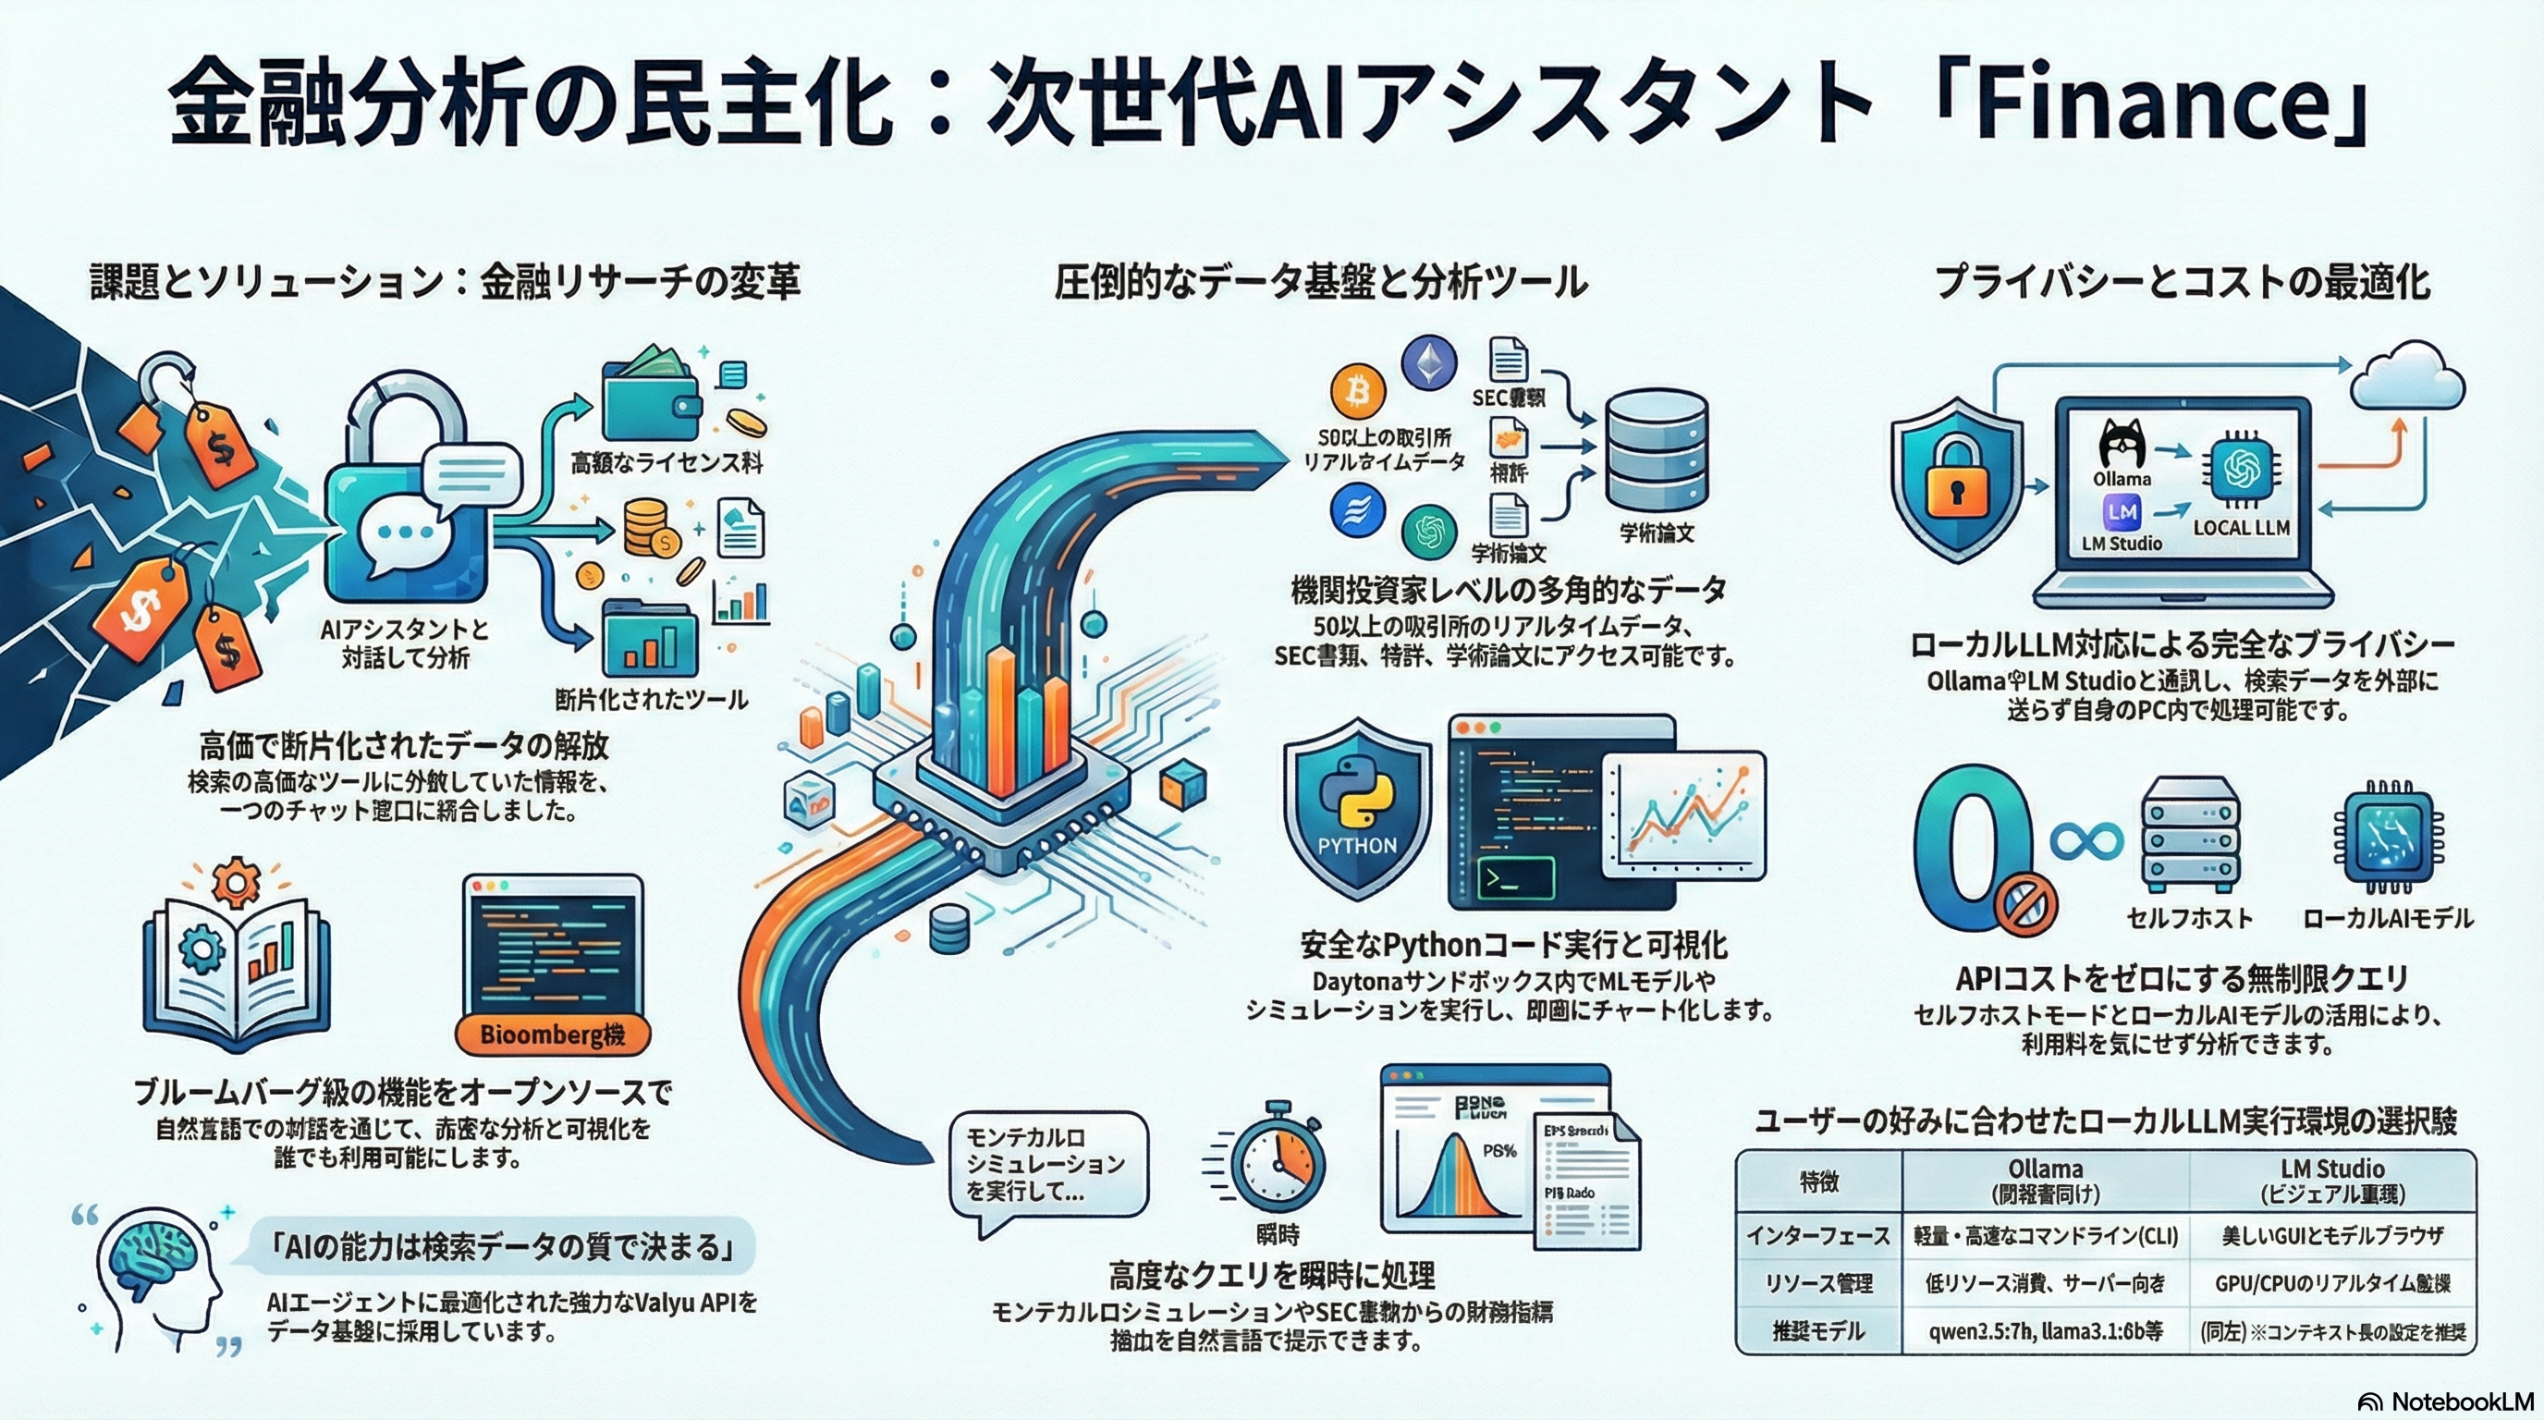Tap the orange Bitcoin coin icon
1358,393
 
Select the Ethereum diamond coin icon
1429,363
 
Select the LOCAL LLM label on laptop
2241,528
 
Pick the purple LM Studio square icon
2122,511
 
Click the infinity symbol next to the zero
2085,841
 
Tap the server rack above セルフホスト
2189,835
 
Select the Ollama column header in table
2045,1180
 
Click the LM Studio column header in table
2331,1180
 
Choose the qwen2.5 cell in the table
2045,1331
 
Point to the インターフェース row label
1818,1235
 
